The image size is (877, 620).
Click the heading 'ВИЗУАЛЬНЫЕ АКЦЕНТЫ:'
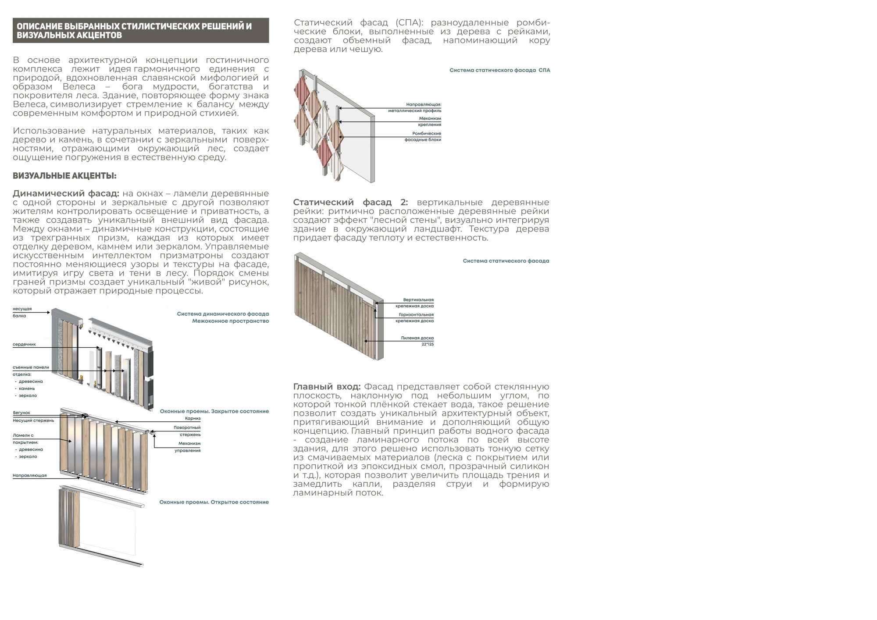[64, 176]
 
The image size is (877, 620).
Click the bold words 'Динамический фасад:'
[66, 193]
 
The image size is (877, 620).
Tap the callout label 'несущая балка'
[22, 312]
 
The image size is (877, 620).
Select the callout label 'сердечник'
[24, 344]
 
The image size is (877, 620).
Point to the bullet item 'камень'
[27, 388]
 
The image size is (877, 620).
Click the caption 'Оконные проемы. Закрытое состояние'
[214, 411]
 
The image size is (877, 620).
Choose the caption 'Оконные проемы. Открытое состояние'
[214, 502]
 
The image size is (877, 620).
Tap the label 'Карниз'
[193, 418]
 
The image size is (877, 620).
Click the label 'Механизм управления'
[189, 447]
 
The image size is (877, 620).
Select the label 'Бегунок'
[21, 413]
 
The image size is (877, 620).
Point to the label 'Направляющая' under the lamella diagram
[29, 475]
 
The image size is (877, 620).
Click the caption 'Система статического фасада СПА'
[499, 70]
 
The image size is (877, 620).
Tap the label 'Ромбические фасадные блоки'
[423, 136]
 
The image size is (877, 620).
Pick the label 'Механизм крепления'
[429, 121]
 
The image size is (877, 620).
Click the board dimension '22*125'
[428, 344]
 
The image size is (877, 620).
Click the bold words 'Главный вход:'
[327, 387]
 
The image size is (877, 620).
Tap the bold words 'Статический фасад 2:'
[350, 202]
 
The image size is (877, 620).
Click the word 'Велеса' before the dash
[79, 86]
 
